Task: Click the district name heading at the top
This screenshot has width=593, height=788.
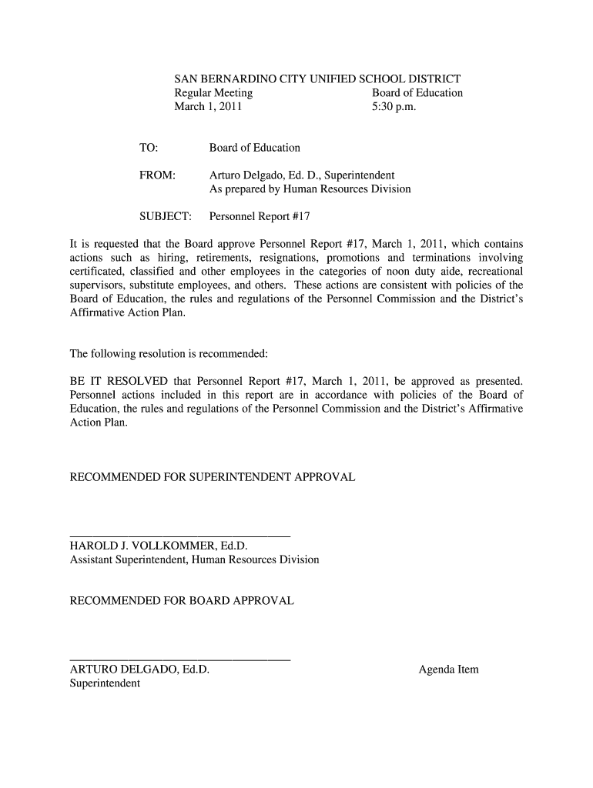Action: click(317, 78)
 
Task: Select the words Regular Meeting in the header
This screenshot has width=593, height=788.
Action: click(213, 93)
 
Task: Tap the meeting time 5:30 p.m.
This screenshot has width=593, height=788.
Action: click(394, 107)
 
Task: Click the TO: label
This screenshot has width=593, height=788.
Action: click(149, 148)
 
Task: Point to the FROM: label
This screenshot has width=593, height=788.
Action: click(158, 175)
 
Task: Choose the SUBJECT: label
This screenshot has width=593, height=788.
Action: click(165, 217)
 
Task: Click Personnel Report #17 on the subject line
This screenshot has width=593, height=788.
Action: click(260, 217)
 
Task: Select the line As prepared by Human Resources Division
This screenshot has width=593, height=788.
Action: click(310, 189)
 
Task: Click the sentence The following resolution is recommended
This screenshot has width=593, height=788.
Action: click(169, 354)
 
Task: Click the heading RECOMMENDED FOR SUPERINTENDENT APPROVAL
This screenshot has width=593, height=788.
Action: click(213, 478)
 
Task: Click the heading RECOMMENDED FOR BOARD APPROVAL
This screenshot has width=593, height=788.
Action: click(182, 600)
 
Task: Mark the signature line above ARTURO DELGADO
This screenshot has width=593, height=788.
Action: click(180, 660)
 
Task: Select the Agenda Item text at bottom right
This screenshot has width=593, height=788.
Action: click(448, 669)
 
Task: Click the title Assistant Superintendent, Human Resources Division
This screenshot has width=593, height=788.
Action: click(194, 559)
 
